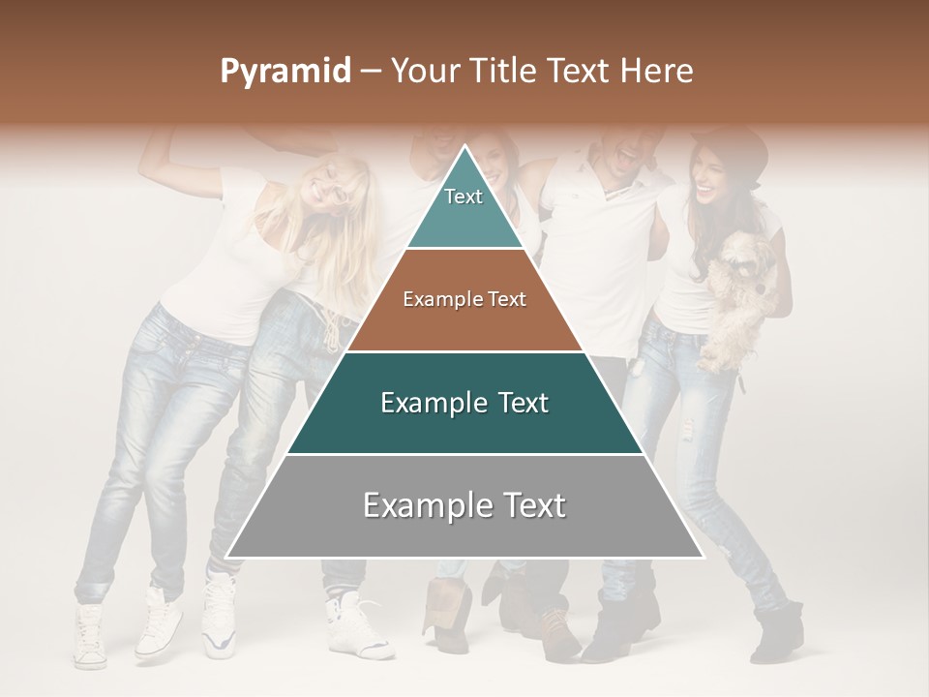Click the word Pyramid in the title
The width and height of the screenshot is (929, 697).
coord(285,72)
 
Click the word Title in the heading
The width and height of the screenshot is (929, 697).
coord(507,71)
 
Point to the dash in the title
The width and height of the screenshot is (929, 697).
coord(370,72)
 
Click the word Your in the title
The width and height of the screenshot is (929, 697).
coord(427,71)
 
